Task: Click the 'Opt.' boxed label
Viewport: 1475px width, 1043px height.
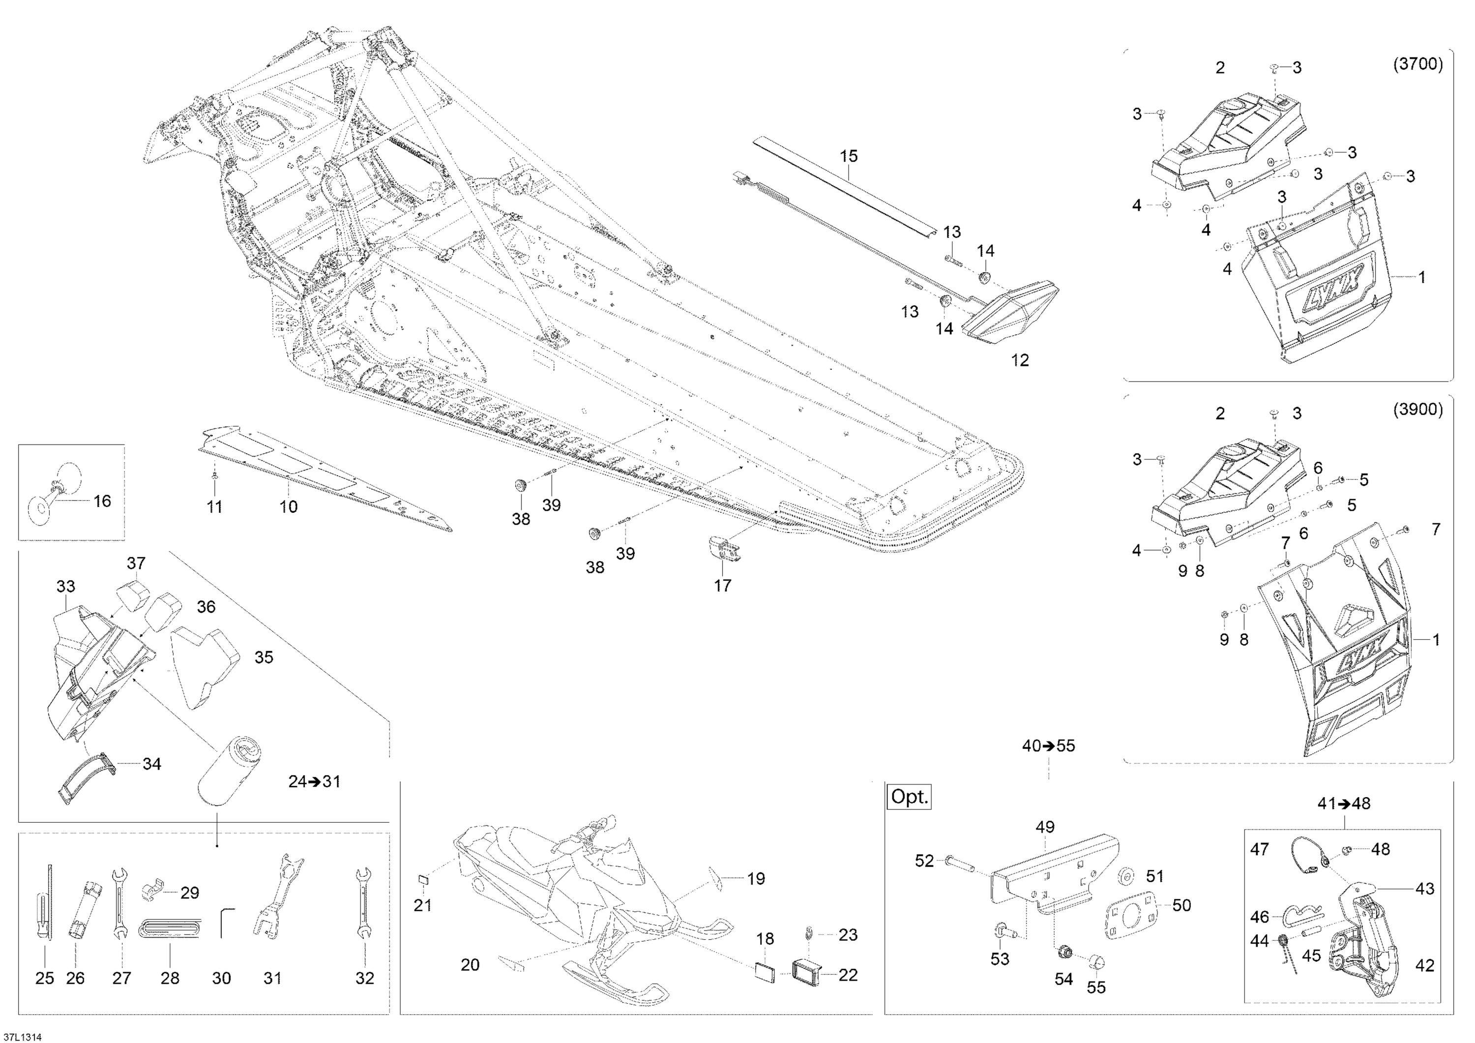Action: tap(910, 798)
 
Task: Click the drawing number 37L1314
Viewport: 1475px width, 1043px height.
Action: tap(21, 1037)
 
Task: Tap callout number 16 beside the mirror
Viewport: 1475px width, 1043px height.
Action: tap(102, 501)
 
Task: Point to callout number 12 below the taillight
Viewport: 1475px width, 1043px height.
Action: tap(1020, 360)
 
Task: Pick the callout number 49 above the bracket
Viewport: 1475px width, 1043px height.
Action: tap(1045, 827)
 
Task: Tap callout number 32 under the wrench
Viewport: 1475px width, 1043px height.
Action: tap(365, 978)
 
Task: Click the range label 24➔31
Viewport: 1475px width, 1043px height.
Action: tap(314, 781)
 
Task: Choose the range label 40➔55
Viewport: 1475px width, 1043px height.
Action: tap(1048, 745)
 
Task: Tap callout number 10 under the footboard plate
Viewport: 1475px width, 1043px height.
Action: tap(289, 507)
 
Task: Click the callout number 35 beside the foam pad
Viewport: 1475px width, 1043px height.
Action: tap(264, 657)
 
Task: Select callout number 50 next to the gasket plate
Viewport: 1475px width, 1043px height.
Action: tap(1181, 905)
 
